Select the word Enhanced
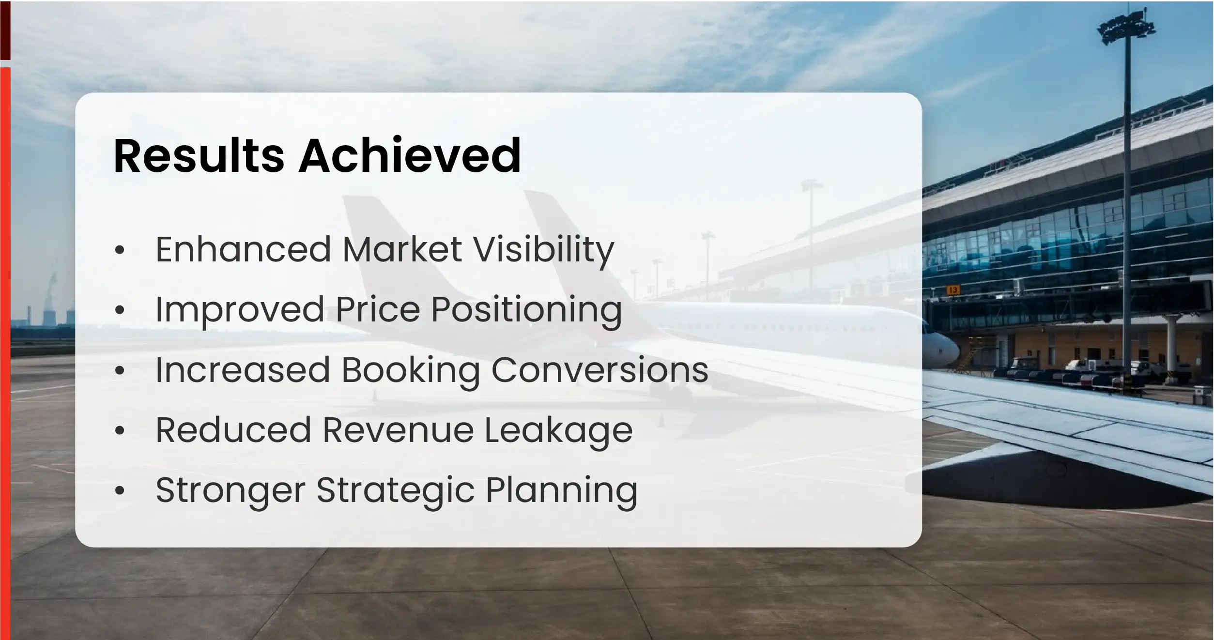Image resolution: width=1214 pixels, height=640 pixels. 243,249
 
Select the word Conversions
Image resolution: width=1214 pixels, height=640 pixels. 599,370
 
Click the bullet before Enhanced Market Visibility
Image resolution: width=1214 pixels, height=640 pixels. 120,250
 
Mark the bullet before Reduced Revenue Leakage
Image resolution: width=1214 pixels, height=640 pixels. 120,430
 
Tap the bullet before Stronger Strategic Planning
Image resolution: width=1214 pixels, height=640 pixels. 120,491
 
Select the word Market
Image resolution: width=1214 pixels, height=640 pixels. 402,249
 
